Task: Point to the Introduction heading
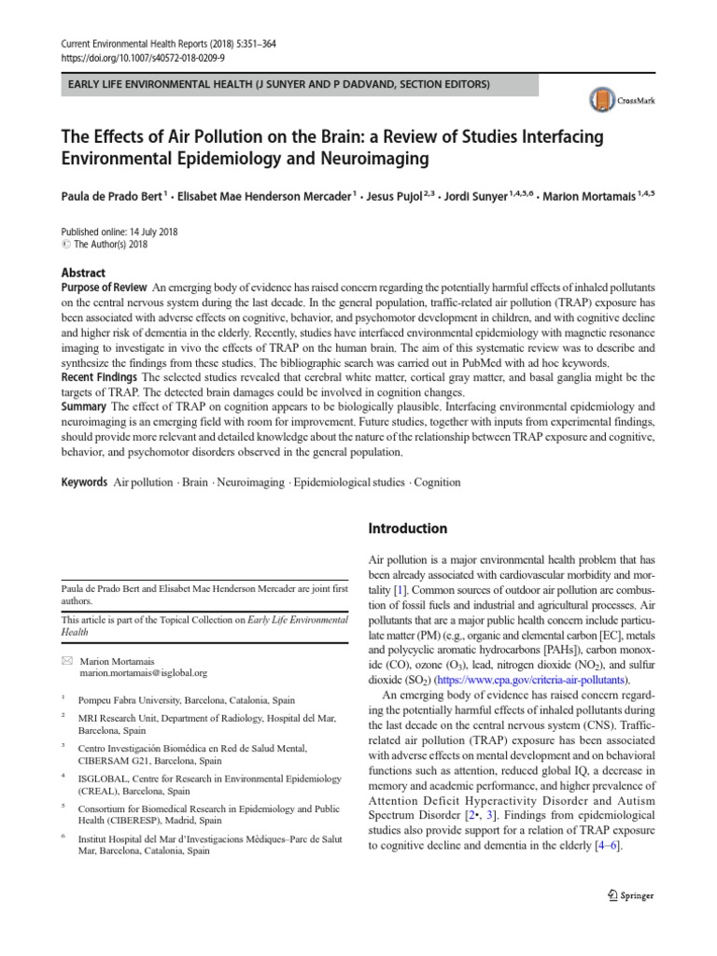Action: click(x=409, y=528)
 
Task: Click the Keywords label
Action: click(x=83, y=483)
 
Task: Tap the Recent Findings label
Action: click(x=100, y=377)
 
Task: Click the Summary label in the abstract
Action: click(x=84, y=407)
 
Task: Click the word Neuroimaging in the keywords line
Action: click(x=254, y=483)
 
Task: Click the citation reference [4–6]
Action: click(x=607, y=845)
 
